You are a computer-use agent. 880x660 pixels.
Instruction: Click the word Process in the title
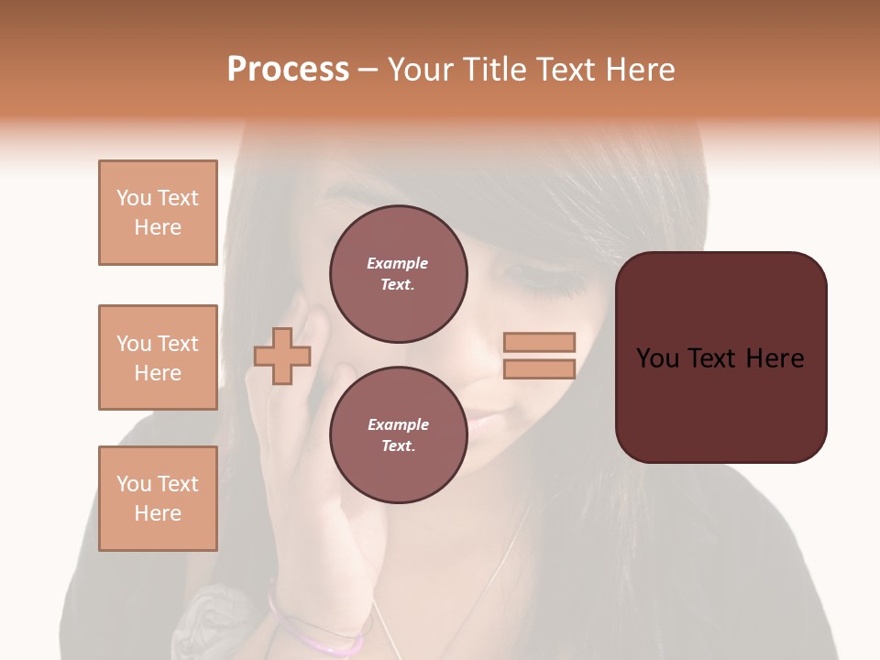pos(288,70)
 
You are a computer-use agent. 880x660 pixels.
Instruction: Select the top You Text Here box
pos(158,213)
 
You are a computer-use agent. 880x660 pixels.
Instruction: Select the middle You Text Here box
pos(158,357)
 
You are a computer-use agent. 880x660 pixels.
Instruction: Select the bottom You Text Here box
pos(158,499)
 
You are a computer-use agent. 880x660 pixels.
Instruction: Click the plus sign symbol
pos(282,356)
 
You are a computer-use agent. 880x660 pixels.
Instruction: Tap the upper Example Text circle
pos(398,274)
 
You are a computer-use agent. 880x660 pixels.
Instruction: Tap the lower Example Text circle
pos(398,435)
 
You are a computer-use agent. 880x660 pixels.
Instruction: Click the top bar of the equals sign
pos(539,343)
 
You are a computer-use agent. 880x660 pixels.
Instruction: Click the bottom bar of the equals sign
pos(539,369)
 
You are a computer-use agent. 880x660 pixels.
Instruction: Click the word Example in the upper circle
pos(397,263)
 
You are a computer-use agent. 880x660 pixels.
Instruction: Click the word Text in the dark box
pos(720,358)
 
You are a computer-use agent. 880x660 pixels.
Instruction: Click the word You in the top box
pos(134,198)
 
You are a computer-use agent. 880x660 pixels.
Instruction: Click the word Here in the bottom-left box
pos(158,513)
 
